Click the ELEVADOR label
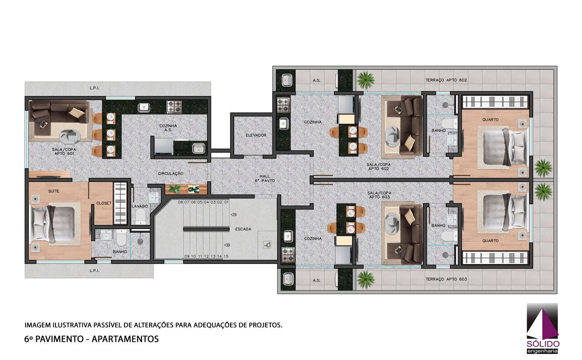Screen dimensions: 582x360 256,135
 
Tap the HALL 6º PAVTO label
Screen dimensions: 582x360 265,179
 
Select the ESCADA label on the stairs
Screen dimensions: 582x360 243,229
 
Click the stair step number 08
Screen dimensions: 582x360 181,202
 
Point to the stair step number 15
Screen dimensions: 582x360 226,256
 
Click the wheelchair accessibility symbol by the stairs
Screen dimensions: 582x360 267,245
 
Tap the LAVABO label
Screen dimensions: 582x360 140,206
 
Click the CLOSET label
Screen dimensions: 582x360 104,203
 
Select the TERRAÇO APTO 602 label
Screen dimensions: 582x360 446,80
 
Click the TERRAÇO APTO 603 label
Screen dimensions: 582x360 446,279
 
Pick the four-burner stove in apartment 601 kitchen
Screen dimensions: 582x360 174,107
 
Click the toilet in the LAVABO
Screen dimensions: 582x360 140,216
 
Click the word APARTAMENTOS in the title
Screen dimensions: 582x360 125,339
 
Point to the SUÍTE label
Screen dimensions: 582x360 54,191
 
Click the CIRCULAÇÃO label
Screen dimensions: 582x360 171,174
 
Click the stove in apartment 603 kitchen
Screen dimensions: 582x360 288,254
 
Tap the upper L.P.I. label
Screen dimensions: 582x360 94,88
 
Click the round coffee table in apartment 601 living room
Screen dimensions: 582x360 70,137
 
